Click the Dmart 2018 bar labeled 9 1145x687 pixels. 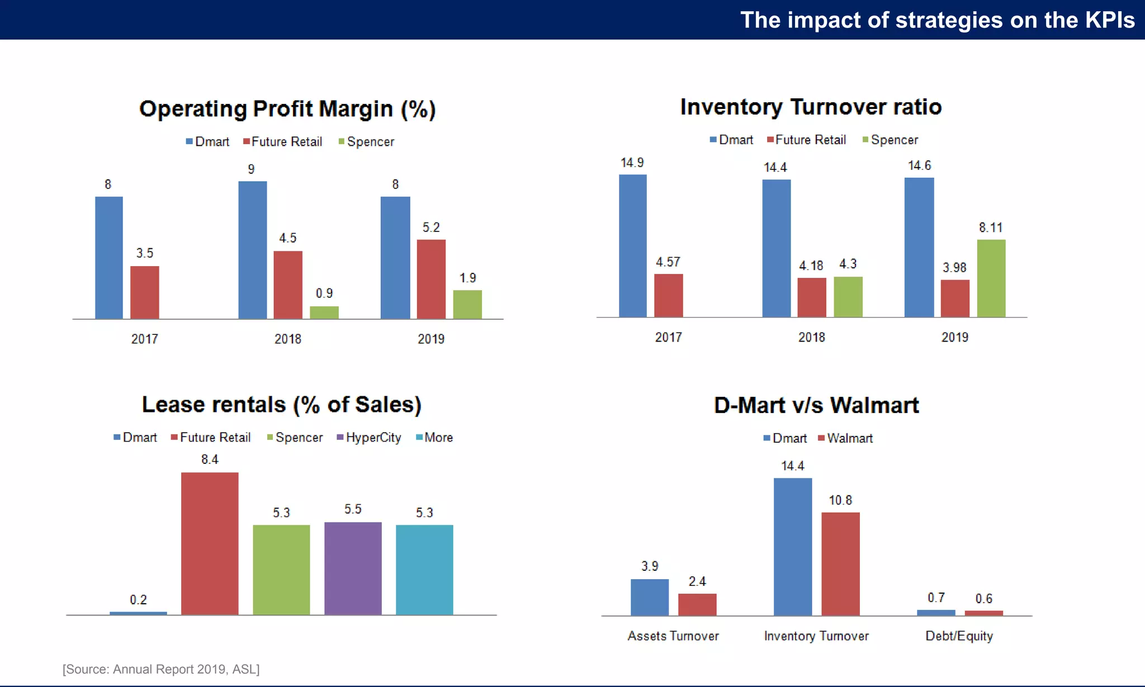[253, 250]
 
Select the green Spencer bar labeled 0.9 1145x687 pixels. [324, 312]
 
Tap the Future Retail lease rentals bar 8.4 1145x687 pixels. [210, 543]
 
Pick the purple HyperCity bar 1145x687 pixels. [353, 568]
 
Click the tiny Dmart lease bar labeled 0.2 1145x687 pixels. [138, 613]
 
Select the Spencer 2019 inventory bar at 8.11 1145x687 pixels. [991, 278]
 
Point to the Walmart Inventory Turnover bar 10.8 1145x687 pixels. [840, 563]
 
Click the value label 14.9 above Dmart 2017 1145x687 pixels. [632, 163]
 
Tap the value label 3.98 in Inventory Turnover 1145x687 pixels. [954, 268]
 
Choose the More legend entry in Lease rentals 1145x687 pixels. [435, 438]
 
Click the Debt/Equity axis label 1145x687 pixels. [959, 636]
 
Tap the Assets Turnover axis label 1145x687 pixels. [673, 636]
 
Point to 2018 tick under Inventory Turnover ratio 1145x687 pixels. [811, 337]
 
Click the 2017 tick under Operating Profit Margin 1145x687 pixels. [144, 339]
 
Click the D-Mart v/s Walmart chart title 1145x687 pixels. [816, 405]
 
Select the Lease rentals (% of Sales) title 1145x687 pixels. [281, 405]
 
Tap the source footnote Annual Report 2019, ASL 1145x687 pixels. [161, 669]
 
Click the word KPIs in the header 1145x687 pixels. [1109, 20]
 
